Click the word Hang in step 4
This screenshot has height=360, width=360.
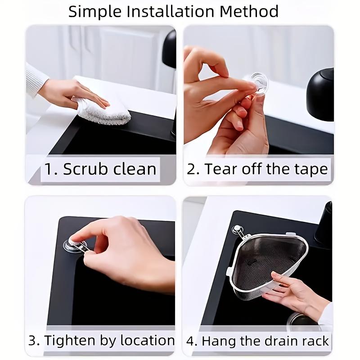[x=218, y=341]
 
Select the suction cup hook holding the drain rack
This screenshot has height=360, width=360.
[x=237, y=230]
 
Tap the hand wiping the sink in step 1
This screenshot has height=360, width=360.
[x=72, y=92]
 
